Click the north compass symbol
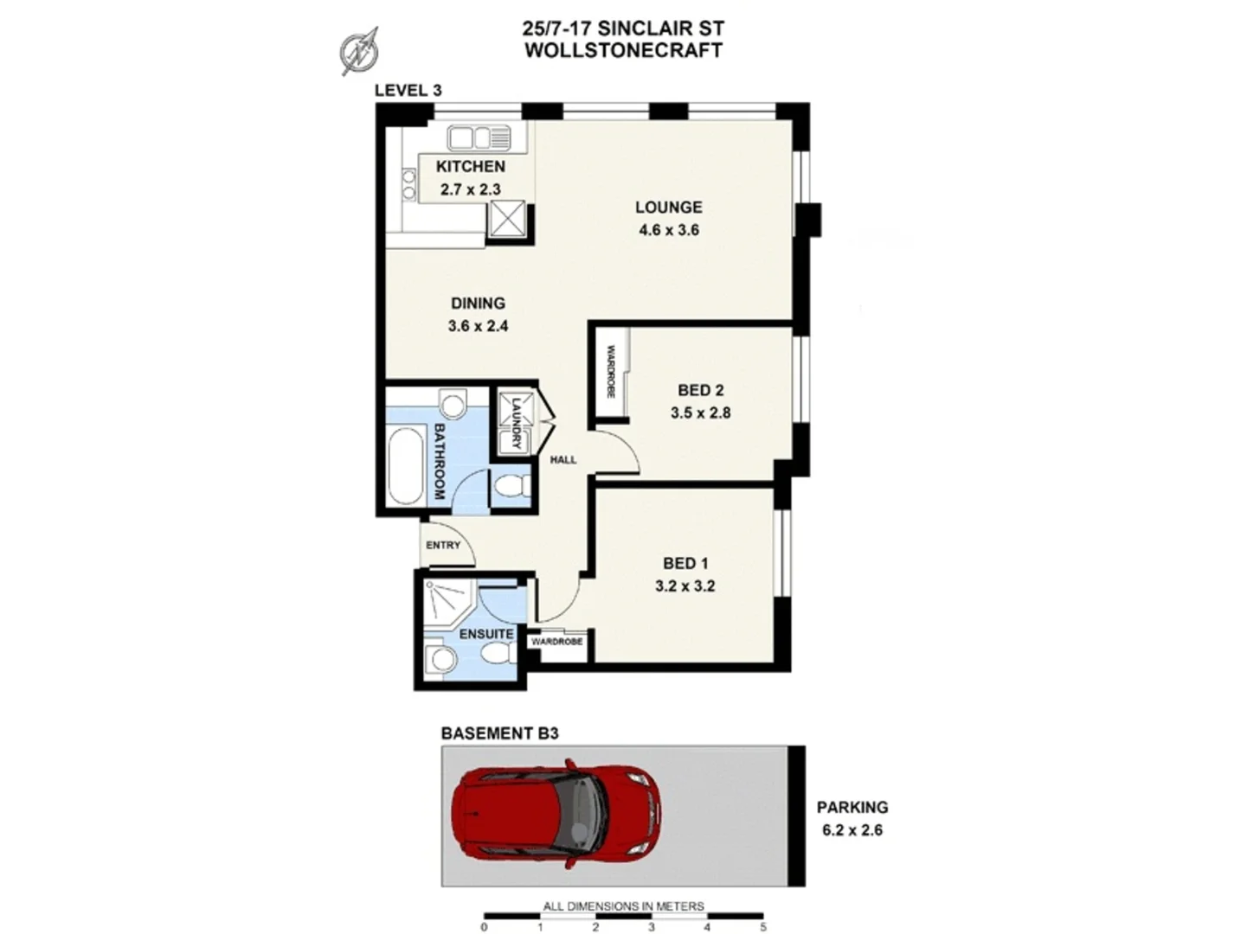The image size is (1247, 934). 359,50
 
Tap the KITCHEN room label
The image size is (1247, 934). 470,166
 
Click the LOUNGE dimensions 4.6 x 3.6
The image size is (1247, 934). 668,230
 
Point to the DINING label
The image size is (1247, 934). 478,303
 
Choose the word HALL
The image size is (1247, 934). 563,460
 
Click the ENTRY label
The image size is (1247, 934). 443,545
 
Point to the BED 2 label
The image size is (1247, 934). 700,390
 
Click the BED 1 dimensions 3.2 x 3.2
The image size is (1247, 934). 685,586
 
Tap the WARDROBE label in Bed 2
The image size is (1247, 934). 610,372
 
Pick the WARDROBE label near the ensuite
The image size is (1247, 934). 556,643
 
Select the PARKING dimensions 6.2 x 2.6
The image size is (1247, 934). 852,830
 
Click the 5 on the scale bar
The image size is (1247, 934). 762,927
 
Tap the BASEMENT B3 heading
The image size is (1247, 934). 499,733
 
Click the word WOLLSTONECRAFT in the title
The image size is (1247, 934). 623,49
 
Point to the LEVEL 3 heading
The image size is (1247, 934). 408,90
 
